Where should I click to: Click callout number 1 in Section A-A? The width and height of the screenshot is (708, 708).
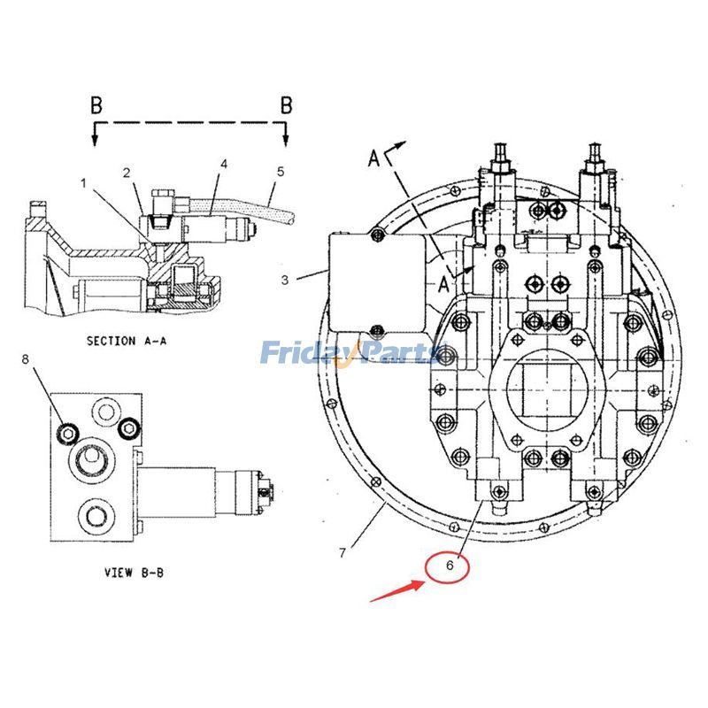(x=84, y=184)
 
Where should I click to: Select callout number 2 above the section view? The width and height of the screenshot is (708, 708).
(x=127, y=172)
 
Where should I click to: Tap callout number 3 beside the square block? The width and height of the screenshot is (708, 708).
(x=285, y=281)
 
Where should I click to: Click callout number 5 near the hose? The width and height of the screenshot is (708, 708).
(x=280, y=172)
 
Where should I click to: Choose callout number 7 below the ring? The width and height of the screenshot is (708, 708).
(x=342, y=553)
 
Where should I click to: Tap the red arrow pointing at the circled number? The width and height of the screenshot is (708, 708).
(x=395, y=589)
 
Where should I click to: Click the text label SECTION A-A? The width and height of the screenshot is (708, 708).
(x=124, y=340)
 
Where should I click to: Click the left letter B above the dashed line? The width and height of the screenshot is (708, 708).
(x=96, y=105)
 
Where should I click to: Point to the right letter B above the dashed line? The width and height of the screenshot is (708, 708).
(x=286, y=105)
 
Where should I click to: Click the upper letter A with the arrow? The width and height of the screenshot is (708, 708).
(x=375, y=158)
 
